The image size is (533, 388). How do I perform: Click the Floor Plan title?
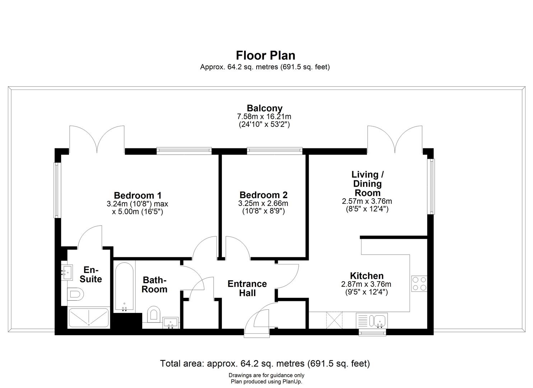[x=266, y=55]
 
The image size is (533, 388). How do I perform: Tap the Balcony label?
[x=265, y=108]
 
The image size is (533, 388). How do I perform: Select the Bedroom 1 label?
[x=137, y=195]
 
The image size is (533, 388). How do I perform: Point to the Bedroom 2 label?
[x=263, y=195]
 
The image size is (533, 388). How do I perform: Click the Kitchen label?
[x=366, y=276]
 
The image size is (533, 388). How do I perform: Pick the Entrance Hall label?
[x=247, y=288]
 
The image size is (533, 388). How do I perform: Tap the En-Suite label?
[x=91, y=274]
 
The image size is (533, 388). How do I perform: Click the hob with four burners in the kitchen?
[x=419, y=283]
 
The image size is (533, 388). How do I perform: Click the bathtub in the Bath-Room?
[x=124, y=286]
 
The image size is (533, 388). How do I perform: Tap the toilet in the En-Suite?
[x=75, y=295]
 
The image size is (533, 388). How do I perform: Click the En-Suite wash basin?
[x=66, y=272]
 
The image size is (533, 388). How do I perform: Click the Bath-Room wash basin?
[x=170, y=322]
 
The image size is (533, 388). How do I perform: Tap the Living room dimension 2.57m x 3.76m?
[x=367, y=202]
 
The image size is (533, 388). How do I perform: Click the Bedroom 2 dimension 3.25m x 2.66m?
[x=263, y=203]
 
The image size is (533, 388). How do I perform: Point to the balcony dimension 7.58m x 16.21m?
[x=264, y=117]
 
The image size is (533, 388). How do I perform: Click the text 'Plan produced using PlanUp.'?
[x=266, y=382]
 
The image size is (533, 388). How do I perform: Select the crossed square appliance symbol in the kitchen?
[x=334, y=320]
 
